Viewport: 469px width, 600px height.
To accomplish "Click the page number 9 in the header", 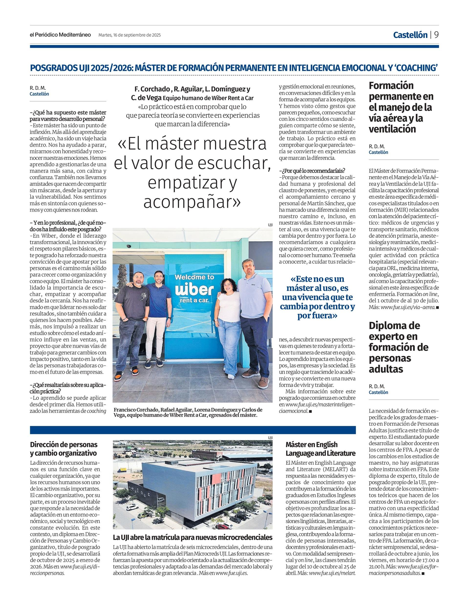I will pyautogui.click(x=436, y=35).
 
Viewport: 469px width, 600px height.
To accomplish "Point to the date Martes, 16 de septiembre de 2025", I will pyautogui.click(x=129, y=35).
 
